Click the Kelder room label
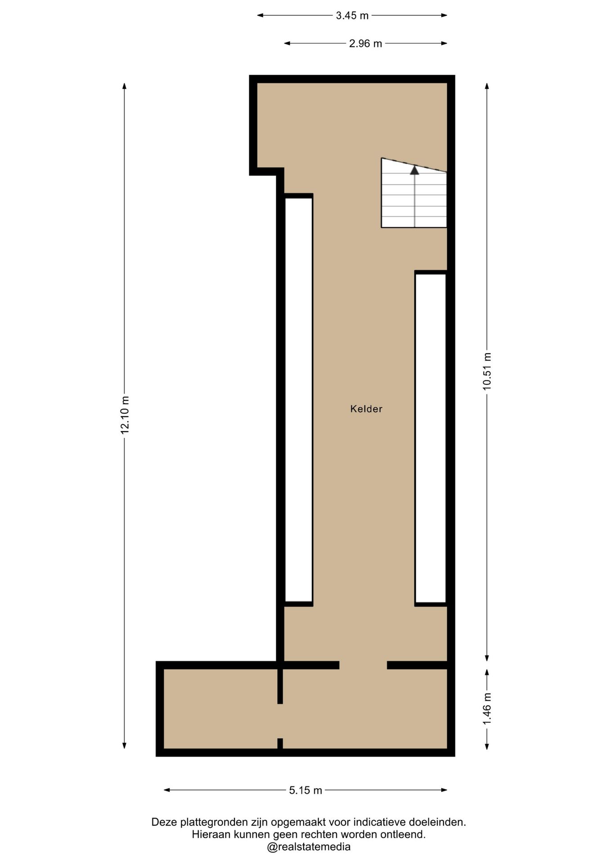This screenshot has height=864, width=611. point(366,409)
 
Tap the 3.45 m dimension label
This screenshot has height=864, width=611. point(352,16)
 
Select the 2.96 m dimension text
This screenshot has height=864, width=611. point(365,44)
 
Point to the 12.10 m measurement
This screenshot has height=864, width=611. point(125,415)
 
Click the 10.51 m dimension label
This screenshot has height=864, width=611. point(487,371)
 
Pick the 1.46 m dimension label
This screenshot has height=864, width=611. point(487,709)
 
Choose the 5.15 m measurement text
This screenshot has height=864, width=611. point(305,790)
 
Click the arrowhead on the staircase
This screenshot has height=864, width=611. point(414,170)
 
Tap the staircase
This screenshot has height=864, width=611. point(414,193)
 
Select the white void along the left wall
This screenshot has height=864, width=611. point(299,400)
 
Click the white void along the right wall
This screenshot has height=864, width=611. point(431,438)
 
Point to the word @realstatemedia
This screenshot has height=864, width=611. point(309,847)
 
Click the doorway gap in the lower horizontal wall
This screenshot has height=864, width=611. point(363,665)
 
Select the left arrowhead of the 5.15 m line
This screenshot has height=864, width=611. point(166,790)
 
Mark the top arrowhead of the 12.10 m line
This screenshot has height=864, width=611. point(125,86)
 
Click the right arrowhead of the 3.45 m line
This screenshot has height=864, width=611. point(444,15)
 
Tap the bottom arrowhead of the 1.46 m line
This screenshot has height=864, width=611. point(487,746)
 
